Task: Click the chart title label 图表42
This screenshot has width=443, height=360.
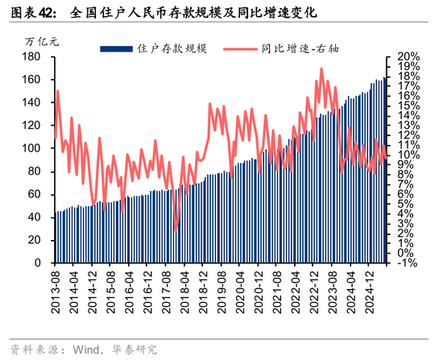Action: [31, 13]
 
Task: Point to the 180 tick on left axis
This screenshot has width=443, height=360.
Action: [33, 57]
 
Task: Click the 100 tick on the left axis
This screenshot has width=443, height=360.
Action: [33, 149]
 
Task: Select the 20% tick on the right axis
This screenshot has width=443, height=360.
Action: [407, 57]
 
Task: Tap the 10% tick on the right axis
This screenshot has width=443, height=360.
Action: [407, 155]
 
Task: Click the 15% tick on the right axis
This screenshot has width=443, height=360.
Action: [407, 106]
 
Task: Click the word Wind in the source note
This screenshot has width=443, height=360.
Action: [86, 350]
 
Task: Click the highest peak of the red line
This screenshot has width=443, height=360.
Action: [321, 68]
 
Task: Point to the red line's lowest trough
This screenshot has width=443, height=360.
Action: [176, 230]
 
